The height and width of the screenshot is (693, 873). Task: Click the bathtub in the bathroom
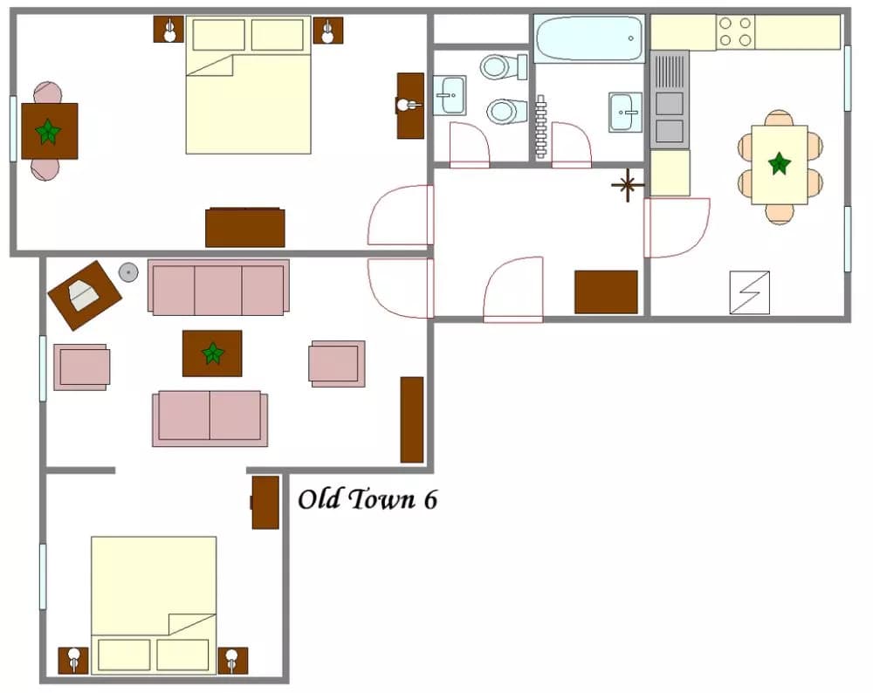[589, 38]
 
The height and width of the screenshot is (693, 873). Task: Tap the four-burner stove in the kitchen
[735, 31]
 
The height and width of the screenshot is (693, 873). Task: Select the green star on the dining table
[780, 163]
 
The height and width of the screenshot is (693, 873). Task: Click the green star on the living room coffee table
[212, 353]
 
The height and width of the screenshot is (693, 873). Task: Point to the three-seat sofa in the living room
[218, 287]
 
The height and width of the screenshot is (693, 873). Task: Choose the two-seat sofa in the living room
[210, 418]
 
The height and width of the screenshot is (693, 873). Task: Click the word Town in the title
[383, 499]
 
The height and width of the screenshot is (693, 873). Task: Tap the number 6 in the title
[430, 500]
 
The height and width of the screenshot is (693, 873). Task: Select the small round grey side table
[128, 272]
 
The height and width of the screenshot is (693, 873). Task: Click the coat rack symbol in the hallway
[628, 185]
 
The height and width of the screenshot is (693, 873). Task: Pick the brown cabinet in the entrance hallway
[606, 292]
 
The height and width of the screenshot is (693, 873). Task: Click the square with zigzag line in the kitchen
[749, 292]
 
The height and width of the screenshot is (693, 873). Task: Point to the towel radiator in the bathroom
[540, 127]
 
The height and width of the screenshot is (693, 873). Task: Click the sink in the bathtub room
[625, 112]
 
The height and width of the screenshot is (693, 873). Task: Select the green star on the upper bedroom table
[48, 132]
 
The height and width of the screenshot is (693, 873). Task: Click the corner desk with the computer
[85, 296]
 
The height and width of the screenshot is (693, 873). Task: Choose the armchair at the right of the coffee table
[337, 363]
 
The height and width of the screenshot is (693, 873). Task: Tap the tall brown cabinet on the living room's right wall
[412, 420]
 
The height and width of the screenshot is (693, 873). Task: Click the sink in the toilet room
[449, 95]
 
